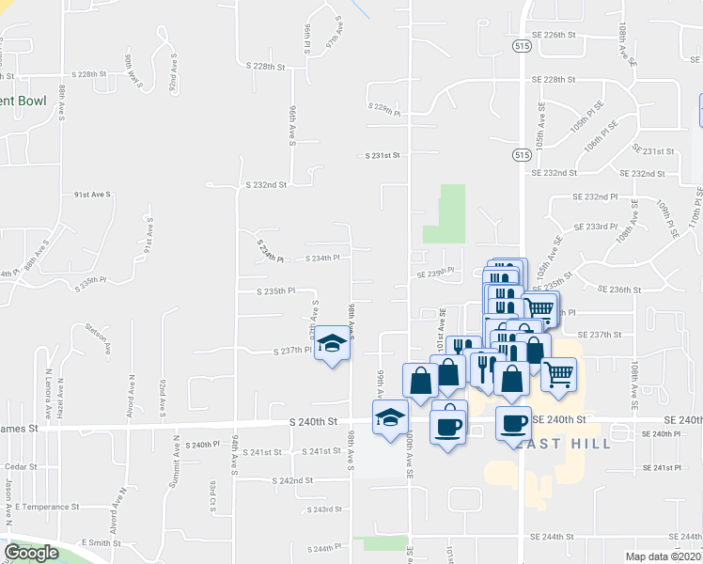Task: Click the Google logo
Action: click(31, 553)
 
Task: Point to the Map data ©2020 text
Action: click(664, 556)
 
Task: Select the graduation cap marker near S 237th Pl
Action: click(331, 345)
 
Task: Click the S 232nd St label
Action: click(264, 185)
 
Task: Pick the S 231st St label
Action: click(383, 154)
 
